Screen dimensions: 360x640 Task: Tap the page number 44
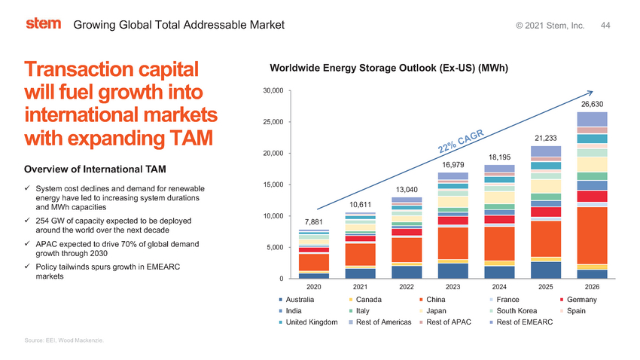tap(605, 26)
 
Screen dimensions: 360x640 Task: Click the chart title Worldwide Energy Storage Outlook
tap(389, 69)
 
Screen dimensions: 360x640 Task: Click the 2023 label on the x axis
tap(453, 287)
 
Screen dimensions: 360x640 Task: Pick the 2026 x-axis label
tap(592, 287)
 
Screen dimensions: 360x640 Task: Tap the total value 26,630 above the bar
tap(591, 104)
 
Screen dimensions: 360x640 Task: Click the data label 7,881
tap(313, 221)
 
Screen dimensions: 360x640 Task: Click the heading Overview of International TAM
tap(95, 167)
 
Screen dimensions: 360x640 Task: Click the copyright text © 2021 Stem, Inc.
tap(550, 26)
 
